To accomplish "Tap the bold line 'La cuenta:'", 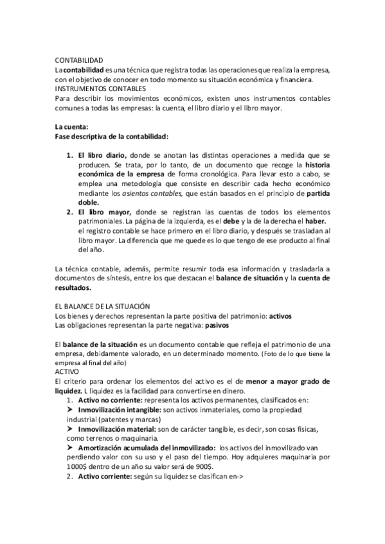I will click(x=72, y=126).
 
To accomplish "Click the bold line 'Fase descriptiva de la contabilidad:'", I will click(x=111, y=136).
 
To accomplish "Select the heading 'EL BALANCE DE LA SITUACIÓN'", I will click(x=102, y=307).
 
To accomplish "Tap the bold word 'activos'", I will click(x=280, y=316).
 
